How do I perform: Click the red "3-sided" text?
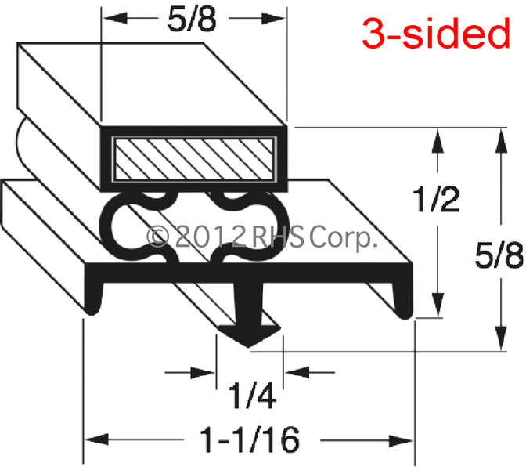pyautogui.click(x=436, y=33)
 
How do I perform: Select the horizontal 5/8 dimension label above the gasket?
pyautogui.click(x=192, y=20)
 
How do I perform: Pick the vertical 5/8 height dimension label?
pyautogui.click(x=499, y=255)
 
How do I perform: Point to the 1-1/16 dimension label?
pyautogui.click(x=250, y=439)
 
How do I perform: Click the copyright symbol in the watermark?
pyautogui.click(x=157, y=237)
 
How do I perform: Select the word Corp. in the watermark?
pyautogui.click(x=343, y=238)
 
